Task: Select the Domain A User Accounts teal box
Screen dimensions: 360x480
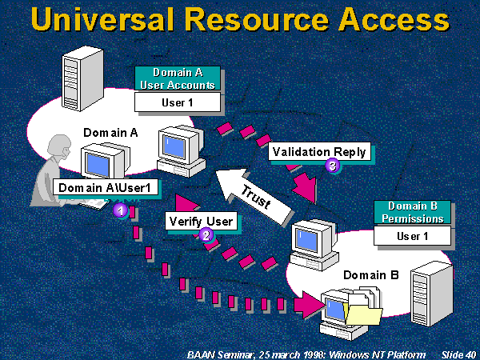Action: point(175,78)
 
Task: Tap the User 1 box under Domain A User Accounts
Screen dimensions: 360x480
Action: point(175,102)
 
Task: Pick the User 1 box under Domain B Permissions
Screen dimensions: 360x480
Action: point(413,236)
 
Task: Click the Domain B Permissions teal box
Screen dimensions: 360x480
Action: point(413,212)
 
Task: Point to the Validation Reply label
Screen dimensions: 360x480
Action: point(319,151)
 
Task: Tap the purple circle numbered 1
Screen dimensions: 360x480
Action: point(120,210)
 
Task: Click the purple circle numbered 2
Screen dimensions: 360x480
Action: point(206,235)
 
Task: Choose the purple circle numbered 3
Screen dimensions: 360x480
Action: point(333,166)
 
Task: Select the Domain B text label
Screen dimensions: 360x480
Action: point(365,275)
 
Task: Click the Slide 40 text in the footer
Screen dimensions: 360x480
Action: point(458,352)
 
